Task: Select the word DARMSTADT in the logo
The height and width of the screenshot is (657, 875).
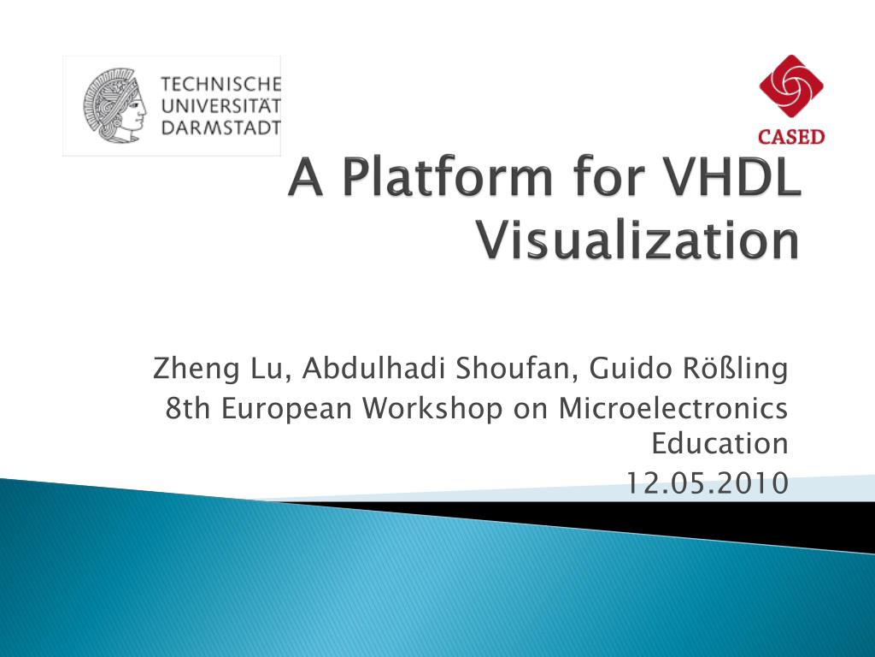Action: coord(220,127)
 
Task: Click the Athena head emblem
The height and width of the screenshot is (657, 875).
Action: coord(115,106)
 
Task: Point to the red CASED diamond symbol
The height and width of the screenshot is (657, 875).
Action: coord(791,87)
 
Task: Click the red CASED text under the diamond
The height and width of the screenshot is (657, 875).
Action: coord(791,137)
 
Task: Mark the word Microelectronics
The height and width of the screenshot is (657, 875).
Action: coord(672,409)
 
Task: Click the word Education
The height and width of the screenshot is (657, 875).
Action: coord(719,445)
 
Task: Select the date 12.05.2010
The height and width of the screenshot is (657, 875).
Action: coord(706,484)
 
